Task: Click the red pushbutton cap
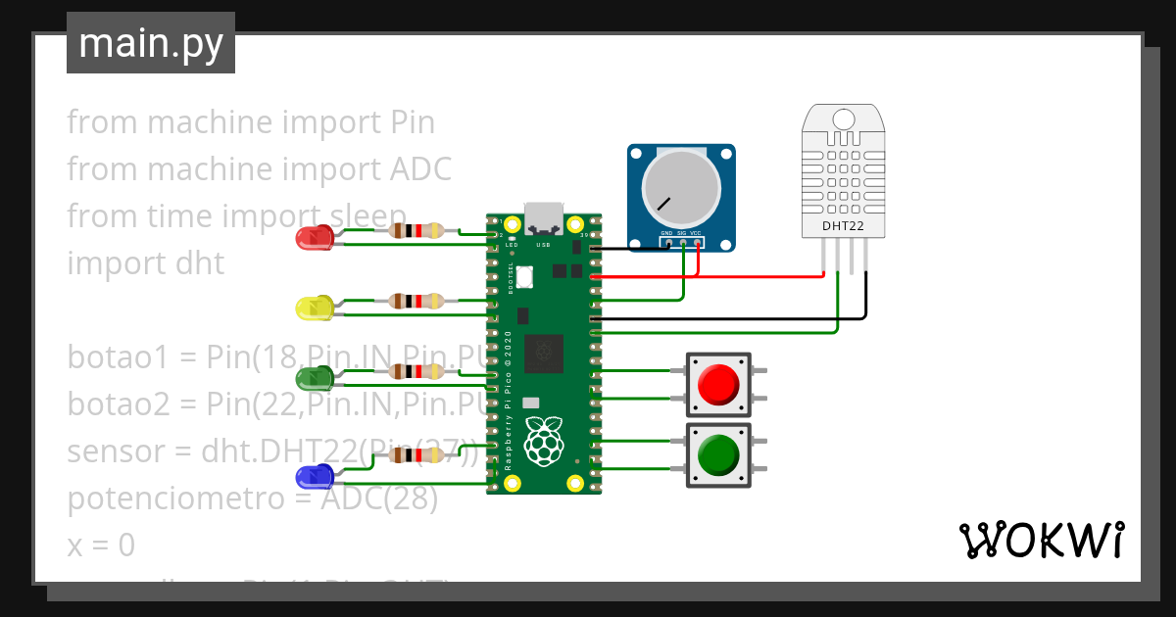click(x=718, y=384)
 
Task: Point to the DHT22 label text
click(x=845, y=226)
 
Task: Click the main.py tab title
click(x=150, y=43)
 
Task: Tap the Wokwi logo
click(x=1041, y=540)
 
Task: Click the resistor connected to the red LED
click(x=417, y=231)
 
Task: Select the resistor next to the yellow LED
click(x=417, y=301)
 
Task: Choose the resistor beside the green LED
click(x=417, y=371)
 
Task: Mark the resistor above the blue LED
click(x=417, y=454)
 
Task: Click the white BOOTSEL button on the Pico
click(x=525, y=277)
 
